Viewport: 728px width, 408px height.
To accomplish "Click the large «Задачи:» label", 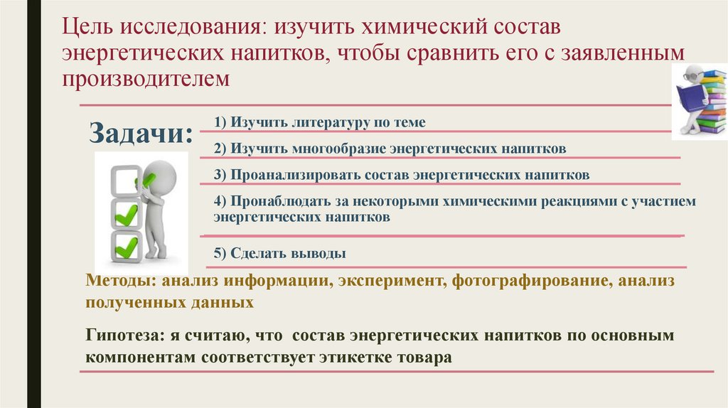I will pos(141,133).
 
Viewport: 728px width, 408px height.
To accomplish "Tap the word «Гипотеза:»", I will pos(123,335).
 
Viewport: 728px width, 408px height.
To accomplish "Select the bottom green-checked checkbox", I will pos(127,246).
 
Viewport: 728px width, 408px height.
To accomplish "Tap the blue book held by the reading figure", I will pos(690,96).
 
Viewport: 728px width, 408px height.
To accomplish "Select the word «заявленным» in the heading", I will pos(633,53).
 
